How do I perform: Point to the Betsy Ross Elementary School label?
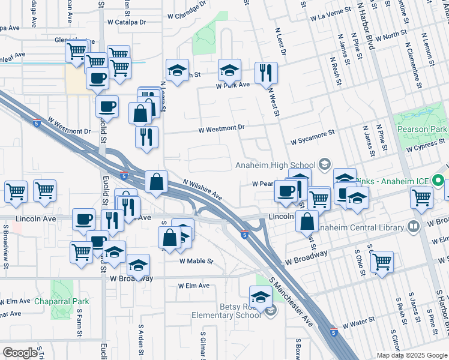226,310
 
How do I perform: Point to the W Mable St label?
196,261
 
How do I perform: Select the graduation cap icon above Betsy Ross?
261,297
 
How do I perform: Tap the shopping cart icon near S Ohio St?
382,262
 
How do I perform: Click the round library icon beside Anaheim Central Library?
413,227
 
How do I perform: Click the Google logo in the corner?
20,352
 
